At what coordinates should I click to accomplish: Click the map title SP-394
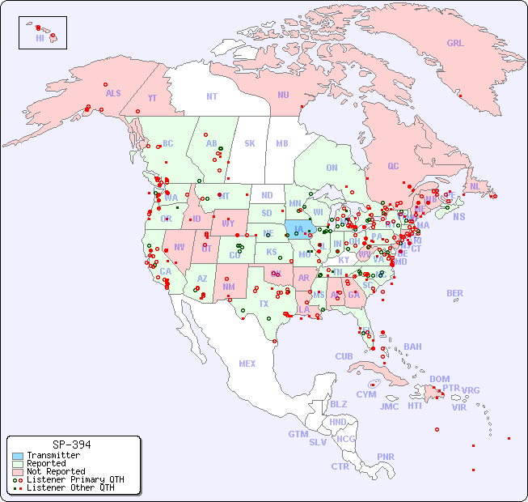click(x=71, y=445)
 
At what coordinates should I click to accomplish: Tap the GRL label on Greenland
click(x=455, y=44)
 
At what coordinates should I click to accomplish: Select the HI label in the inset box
click(x=40, y=38)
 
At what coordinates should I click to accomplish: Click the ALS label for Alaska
click(x=113, y=94)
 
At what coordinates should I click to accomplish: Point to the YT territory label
click(x=152, y=98)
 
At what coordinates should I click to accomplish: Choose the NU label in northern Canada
click(x=283, y=96)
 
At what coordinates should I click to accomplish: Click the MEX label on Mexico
click(x=247, y=364)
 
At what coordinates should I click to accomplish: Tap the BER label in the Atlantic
click(x=455, y=294)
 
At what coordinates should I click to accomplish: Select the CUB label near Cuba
click(x=344, y=357)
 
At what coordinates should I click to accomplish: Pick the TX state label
click(x=264, y=304)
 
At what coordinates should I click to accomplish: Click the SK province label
click(x=250, y=144)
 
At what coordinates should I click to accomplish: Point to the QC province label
click(x=393, y=167)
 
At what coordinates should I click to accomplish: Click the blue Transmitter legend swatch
click(x=17, y=456)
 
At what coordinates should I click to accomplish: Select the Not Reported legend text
click(x=56, y=471)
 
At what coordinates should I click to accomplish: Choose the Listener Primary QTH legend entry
click(x=69, y=479)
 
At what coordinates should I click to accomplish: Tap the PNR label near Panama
click(x=386, y=457)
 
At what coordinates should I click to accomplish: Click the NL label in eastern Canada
click(x=475, y=186)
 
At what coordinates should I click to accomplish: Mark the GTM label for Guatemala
click(x=298, y=434)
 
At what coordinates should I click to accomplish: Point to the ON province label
click(x=332, y=168)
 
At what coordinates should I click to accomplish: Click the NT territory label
click(x=212, y=96)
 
